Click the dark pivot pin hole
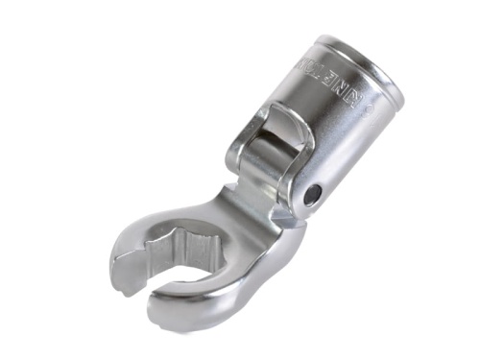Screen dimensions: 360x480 [x=310, y=195]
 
